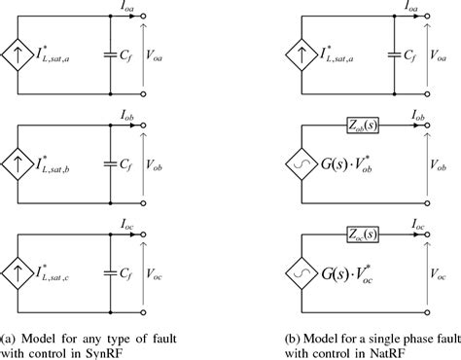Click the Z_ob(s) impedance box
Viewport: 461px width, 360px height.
[366, 126]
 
